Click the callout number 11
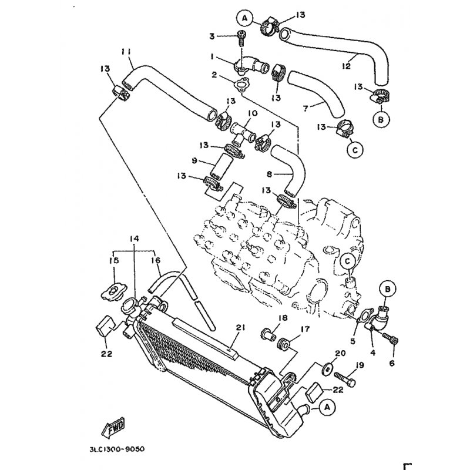tap(125, 52)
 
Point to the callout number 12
tap(346, 66)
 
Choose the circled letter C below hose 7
tap(354, 150)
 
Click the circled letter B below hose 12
tap(380, 119)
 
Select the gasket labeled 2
tap(239, 85)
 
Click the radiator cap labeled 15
tap(113, 290)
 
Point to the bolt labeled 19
tap(344, 378)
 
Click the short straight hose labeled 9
tap(224, 166)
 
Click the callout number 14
tap(135, 239)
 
